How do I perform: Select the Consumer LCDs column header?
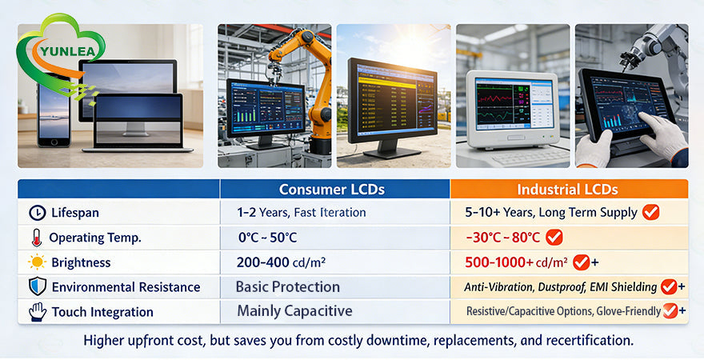pyautogui.click(x=332, y=190)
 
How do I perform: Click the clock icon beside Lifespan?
pyautogui.click(x=37, y=213)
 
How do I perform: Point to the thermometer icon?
pyautogui.click(x=36, y=238)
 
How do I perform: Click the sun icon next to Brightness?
pyautogui.click(x=37, y=262)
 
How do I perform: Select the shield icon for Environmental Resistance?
pyautogui.click(x=37, y=287)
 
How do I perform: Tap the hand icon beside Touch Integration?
pyautogui.click(x=37, y=311)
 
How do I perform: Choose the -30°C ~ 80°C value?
pyautogui.click(x=502, y=238)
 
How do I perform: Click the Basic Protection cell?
pyautogui.click(x=288, y=287)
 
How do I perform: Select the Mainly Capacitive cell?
pyautogui.click(x=294, y=311)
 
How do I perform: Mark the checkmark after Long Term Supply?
pyautogui.click(x=651, y=212)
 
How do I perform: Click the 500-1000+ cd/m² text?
pyautogui.click(x=516, y=262)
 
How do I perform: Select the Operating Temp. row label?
pyautogui.click(x=95, y=238)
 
